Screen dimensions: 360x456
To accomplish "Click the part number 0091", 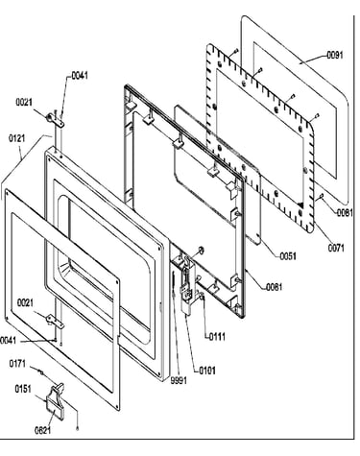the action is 334,56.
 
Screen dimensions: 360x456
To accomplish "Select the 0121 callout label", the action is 16,139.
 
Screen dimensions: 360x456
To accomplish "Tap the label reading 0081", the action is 345,212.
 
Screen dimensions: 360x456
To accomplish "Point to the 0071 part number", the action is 336,248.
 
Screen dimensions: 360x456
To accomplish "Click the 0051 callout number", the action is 288,256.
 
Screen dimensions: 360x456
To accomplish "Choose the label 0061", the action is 275,287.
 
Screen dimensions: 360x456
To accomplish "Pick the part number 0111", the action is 217,337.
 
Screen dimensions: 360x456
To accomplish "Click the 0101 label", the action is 207,371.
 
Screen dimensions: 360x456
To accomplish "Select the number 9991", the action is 179,381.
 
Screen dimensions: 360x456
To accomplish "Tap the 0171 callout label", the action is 17,364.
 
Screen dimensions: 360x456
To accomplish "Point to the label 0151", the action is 23,389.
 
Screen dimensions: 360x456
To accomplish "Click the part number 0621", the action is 42,430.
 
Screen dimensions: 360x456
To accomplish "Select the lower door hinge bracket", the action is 55,322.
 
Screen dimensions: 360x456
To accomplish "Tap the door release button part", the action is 56,400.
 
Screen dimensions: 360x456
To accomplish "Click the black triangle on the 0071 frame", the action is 300,204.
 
